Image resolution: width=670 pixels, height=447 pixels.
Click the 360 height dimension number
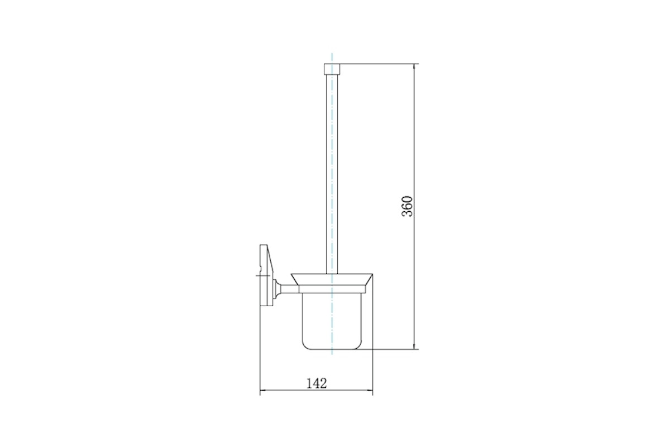coord(407,206)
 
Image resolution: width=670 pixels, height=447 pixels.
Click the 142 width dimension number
coord(317,383)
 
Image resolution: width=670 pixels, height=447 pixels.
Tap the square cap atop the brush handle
coord(332,69)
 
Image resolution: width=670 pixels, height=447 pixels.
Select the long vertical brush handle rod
coord(332,174)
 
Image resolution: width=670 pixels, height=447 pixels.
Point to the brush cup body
coord(332,321)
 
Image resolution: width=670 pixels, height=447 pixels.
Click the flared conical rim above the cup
coord(332,279)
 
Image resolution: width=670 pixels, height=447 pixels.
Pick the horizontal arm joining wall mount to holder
coord(290,289)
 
